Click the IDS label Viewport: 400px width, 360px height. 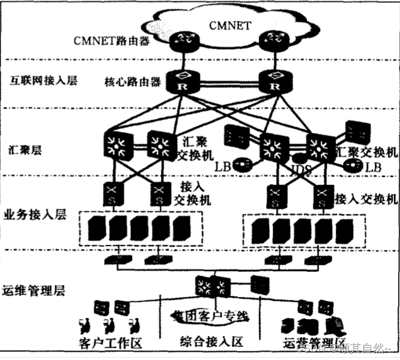pyautogui.click(x=300, y=170)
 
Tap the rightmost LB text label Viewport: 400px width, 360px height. pyautogui.click(x=374, y=166)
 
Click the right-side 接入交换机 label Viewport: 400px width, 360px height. pyautogui.click(x=366, y=199)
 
